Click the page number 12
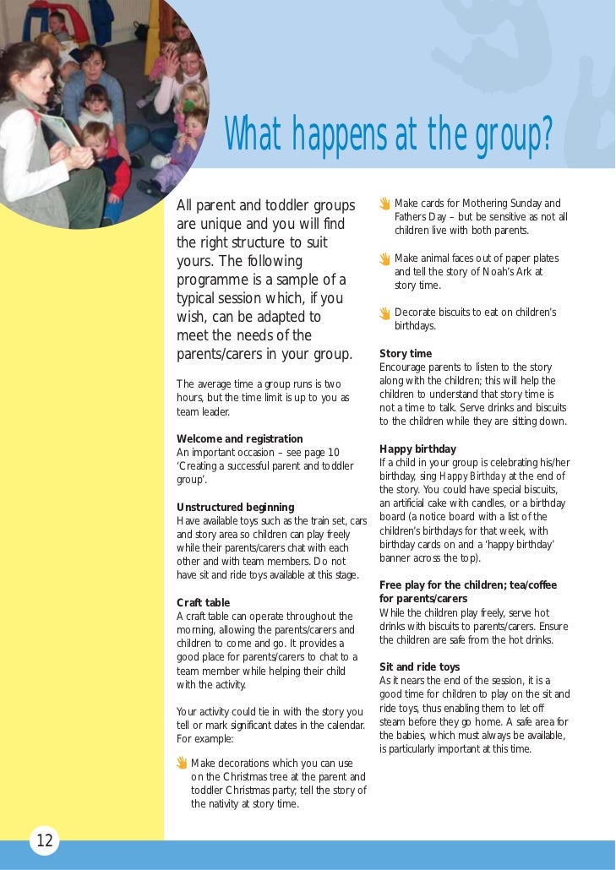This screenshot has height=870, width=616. coord(45,840)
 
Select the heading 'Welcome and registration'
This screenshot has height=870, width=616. coord(239,439)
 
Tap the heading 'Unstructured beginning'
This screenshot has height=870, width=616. coord(235,508)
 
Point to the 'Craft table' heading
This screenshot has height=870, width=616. coord(203,603)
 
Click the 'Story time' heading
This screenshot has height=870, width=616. coord(406,354)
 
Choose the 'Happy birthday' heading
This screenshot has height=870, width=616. coord(417,449)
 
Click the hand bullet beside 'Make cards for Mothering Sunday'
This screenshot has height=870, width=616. coord(384,204)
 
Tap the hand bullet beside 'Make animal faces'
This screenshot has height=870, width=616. coord(384,259)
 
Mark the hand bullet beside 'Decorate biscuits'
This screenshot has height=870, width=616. coord(384,313)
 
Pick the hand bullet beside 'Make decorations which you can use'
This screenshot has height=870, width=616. coord(182,764)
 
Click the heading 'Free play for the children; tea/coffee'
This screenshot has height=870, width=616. coord(468,585)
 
